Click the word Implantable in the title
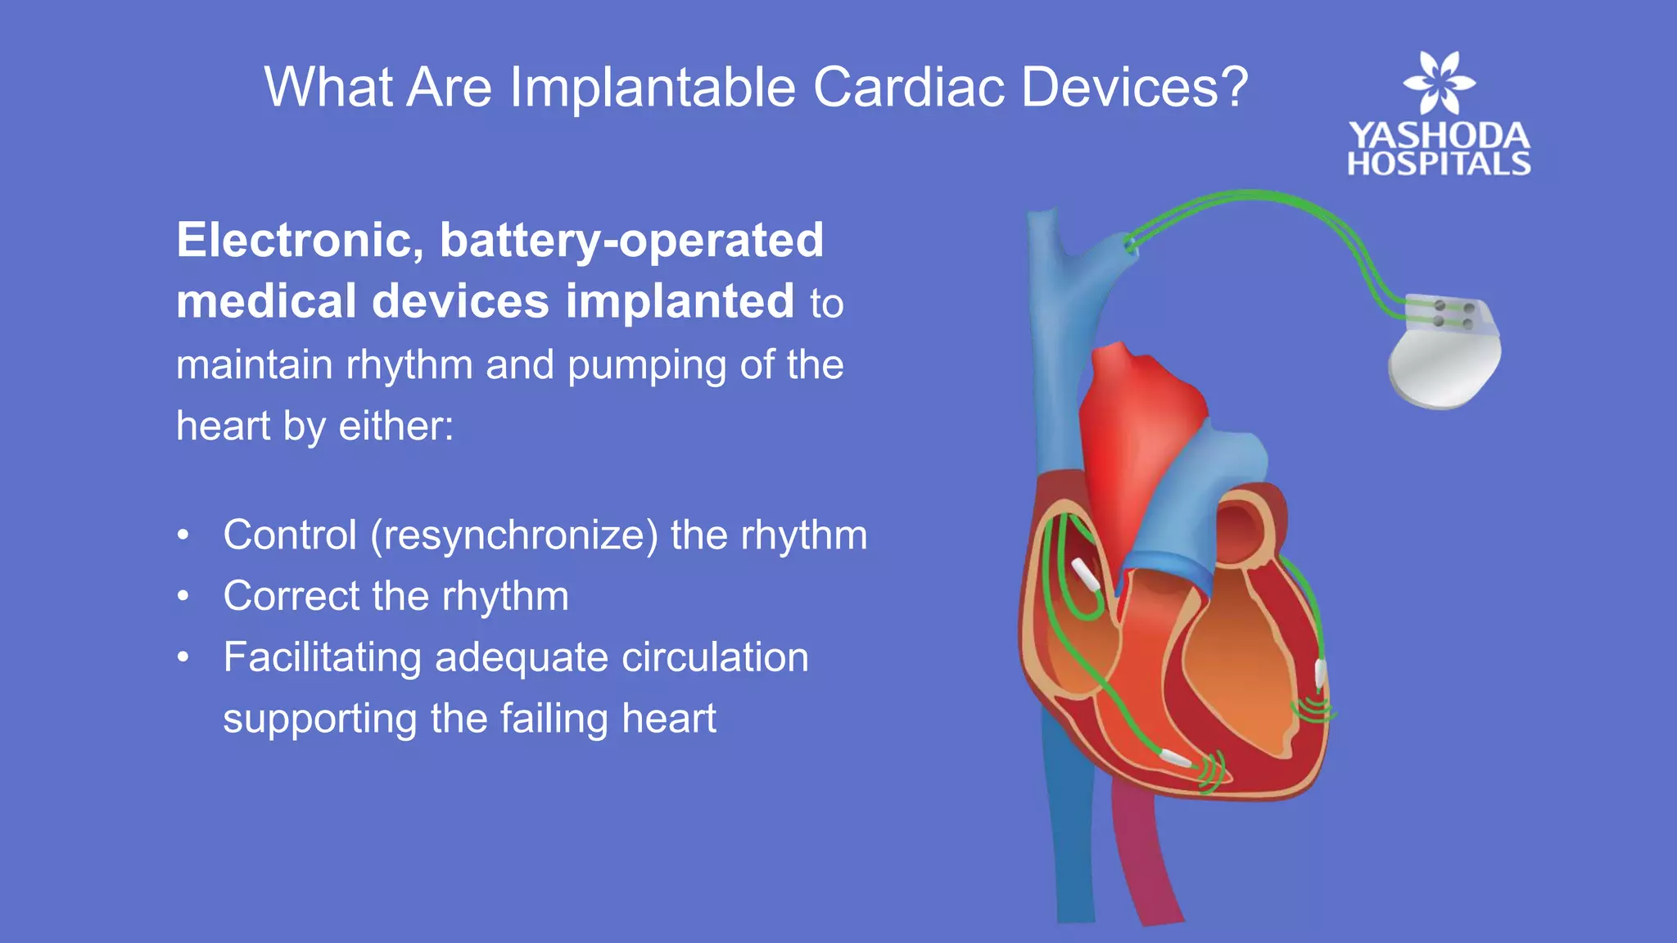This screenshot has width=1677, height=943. point(653,87)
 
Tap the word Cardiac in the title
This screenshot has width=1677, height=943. point(908,87)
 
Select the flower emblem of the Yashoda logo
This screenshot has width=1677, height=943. point(1439,82)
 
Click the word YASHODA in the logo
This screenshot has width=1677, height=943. point(1439,136)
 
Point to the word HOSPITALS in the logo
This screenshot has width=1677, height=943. point(1439,164)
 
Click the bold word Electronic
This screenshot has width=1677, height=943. point(300,241)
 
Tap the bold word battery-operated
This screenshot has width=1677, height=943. point(631,241)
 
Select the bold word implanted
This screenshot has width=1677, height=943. point(680,301)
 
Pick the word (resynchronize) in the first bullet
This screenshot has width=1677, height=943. point(514,535)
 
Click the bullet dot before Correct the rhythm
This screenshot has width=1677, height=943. point(183,596)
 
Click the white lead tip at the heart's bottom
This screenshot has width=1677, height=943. point(1176,758)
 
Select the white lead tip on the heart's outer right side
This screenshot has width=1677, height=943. point(1320,673)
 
